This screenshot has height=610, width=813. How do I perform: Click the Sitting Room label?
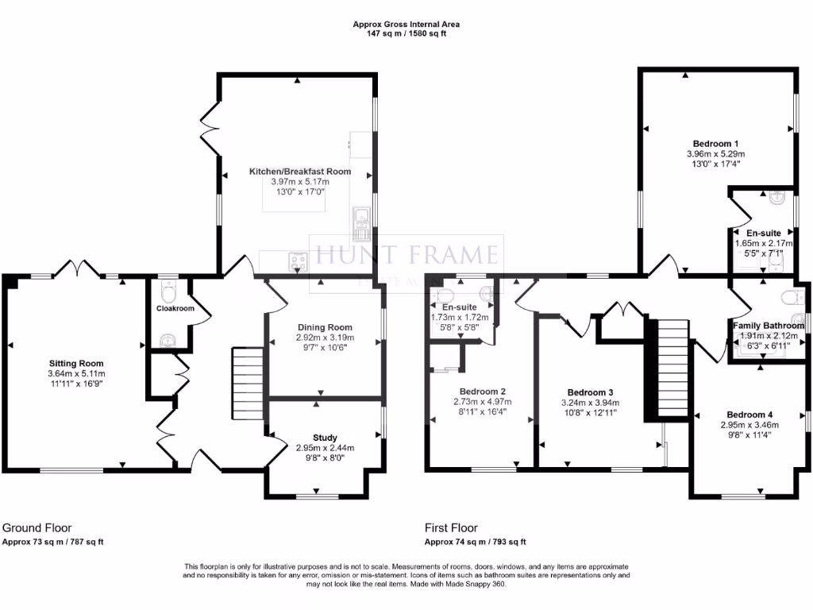pyautogui.click(x=75, y=365)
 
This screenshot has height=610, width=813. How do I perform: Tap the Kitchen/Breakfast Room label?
pyautogui.click(x=299, y=172)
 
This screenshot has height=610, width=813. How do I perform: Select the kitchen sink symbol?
pyautogui.click(x=361, y=216)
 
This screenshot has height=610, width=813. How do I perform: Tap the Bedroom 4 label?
pyautogui.click(x=749, y=415)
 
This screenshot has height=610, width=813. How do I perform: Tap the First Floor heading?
pyautogui.click(x=451, y=527)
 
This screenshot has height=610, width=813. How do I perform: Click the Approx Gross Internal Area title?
pyautogui.click(x=406, y=25)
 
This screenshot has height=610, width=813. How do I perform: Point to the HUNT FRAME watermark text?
pyautogui.click(x=406, y=255)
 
